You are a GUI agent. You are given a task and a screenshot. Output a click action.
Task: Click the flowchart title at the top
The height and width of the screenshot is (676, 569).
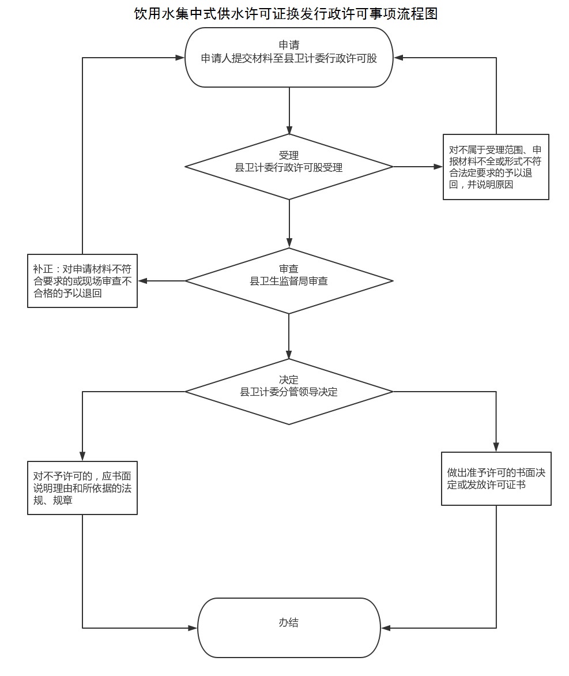(x=286, y=14)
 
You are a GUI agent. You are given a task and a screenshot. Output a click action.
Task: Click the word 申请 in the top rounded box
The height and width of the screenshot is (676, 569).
(x=289, y=45)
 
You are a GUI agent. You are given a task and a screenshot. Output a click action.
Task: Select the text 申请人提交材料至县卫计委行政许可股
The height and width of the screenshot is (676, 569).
(x=289, y=58)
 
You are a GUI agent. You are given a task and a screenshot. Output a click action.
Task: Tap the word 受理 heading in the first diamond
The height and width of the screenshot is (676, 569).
(x=289, y=155)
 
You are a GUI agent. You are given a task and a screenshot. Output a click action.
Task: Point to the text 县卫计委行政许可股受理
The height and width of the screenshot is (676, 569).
(x=289, y=167)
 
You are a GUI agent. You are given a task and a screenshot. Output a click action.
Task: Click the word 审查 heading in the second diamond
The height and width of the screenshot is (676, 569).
(x=289, y=269)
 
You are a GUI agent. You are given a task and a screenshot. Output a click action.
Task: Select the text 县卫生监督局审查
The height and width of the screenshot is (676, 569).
(x=289, y=281)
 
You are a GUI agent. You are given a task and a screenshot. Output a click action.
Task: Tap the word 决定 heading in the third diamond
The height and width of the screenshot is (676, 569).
(x=289, y=380)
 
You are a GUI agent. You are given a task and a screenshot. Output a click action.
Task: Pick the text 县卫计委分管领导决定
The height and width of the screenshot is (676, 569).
(x=289, y=392)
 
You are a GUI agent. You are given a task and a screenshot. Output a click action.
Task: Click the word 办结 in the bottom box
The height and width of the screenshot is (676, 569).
(x=289, y=622)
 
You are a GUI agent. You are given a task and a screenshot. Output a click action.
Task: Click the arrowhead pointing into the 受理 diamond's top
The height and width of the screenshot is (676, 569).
(x=289, y=130)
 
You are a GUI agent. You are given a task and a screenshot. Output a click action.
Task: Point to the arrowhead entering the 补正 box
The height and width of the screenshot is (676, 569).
(x=142, y=281)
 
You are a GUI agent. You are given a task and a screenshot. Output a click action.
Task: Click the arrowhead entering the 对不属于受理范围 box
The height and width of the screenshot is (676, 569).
(x=438, y=167)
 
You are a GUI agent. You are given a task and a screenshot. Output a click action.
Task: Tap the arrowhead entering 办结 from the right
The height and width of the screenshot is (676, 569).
(x=386, y=628)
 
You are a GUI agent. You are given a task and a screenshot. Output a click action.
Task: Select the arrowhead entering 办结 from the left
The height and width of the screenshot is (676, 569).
(x=193, y=628)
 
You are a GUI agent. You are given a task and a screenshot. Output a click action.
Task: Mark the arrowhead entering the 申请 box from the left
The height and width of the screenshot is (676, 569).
(x=180, y=58)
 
